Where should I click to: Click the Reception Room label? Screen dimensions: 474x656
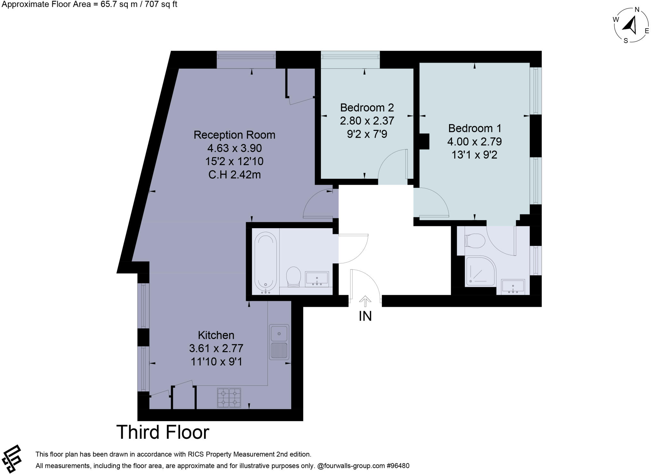[234, 135]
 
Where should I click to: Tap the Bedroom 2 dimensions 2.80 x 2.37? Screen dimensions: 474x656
[367, 121]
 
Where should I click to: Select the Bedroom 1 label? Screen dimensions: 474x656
[474, 128]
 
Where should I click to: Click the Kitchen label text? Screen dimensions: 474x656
[216, 335]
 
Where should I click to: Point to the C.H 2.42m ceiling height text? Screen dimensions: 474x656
[234, 175]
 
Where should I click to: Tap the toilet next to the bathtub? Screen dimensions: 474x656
[293, 277]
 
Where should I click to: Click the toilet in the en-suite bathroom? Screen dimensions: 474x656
[475, 241]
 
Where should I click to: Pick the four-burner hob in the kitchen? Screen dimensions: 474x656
[229, 398]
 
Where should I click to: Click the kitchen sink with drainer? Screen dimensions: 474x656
[279, 342]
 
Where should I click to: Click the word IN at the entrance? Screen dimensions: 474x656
[365, 316]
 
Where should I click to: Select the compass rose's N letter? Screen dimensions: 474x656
[637, 10]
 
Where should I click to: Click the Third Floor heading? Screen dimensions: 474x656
[163, 432]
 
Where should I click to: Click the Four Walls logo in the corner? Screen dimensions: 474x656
[11, 459]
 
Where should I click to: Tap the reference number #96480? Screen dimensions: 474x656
[398, 466]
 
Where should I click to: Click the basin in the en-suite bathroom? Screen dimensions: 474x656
[513, 286]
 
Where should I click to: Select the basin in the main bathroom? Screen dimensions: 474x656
[317, 279]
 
